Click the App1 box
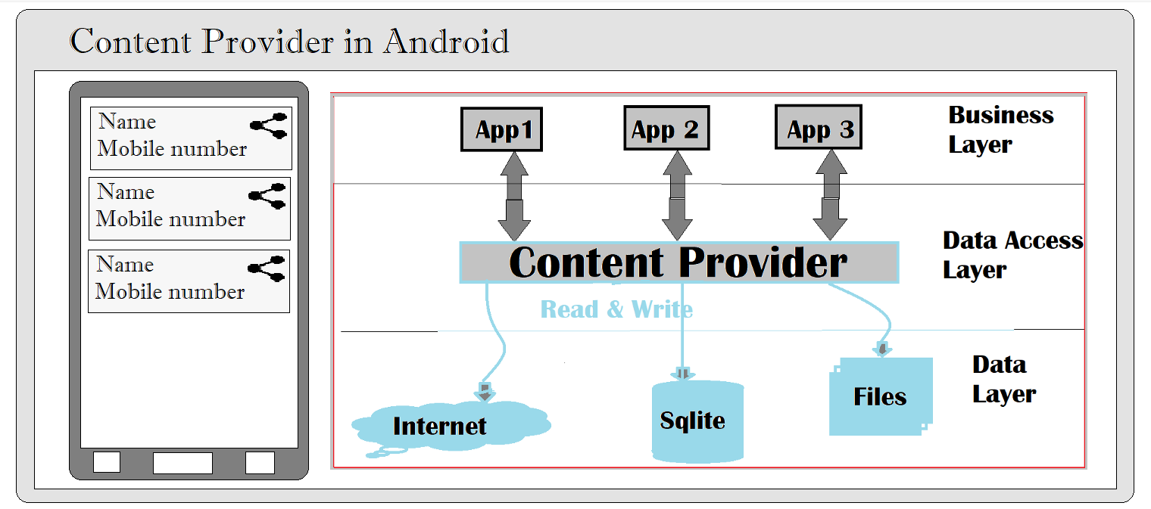coord(501,129)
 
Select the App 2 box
coord(666,128)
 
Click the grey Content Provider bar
coord(678,262)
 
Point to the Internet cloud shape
coord(451,426)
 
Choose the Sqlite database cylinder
coord(697,421)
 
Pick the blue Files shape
coord(880,396)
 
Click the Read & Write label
coord(616,309)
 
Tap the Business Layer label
coord(1000,129)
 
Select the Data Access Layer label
coord(1012,255)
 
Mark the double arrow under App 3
coord(830,195)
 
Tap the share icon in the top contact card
coord(269,126)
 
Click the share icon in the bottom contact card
coord(267,268)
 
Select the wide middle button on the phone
coord(182,463)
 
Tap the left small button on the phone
coord(106,462)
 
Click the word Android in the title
coord(446,42)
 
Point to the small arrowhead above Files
coord(881,349)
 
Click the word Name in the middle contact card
coord(126,192)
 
